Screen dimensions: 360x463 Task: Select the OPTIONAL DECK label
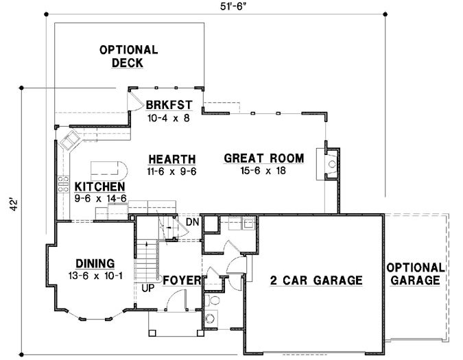128,56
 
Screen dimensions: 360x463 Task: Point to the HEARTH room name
171,158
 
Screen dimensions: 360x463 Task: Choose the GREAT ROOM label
264,158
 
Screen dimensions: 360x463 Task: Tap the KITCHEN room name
99,187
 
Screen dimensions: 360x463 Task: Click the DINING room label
95,263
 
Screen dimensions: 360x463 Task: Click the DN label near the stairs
192,221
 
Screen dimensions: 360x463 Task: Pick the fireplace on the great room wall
331,163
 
